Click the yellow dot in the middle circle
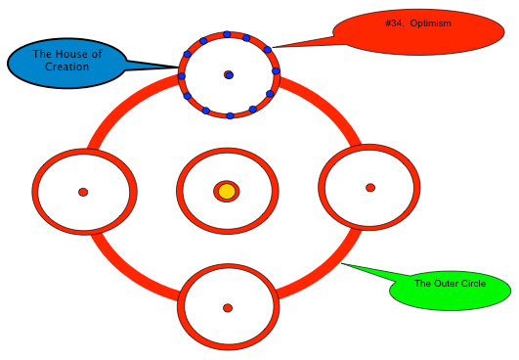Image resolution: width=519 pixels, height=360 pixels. [x=227, y=192]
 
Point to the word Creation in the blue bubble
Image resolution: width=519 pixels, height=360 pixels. [x=66, y=67]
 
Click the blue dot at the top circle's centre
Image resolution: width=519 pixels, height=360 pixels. [x=230, y=75]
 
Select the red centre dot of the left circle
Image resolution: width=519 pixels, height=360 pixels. [x=83, y=192]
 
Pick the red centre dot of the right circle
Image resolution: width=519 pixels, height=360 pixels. [x=370, y=188]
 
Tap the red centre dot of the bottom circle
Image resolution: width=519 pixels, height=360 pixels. [x=228, y=308]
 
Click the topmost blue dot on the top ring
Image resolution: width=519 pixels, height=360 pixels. [x=227, y=34]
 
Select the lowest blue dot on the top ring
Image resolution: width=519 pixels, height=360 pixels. [x=230, y=115]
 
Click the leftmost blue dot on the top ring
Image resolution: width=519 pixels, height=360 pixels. [x=182, y=76]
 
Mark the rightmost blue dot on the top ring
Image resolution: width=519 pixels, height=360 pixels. [x=276, y=71]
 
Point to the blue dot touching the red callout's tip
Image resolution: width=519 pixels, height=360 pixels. [x=268, y=50]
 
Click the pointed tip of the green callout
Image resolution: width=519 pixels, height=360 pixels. [x=342, y=263]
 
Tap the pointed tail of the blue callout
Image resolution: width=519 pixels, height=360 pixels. [x=178, y=67]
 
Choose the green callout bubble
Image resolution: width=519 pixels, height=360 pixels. [x=451, y=291]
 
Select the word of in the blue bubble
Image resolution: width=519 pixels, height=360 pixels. [x=97, y=54]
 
